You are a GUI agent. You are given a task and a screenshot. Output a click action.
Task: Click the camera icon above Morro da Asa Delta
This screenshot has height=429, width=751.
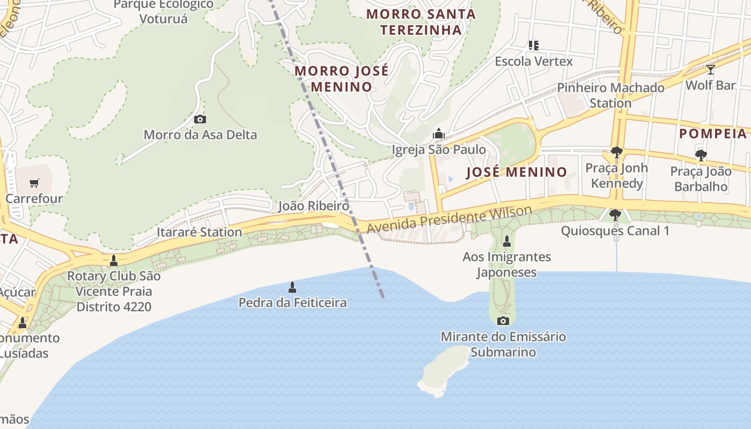pos(200,119)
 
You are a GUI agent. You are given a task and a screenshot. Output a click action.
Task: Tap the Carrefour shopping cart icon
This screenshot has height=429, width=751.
pos(34,183)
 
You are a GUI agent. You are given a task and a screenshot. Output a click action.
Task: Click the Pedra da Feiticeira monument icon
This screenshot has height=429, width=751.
pos(292,287)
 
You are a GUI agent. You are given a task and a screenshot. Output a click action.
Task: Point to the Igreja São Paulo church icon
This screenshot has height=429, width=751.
pos(439,133)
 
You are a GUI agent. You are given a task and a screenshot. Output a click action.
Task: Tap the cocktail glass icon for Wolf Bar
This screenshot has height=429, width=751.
pos(711,70)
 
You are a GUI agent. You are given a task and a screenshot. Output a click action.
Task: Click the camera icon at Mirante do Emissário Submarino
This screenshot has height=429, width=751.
pos(503,321)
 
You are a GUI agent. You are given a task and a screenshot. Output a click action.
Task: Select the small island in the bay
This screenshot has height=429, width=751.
pos(443,371)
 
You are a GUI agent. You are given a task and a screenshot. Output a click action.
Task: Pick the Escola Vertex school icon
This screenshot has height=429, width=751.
pos(533,46)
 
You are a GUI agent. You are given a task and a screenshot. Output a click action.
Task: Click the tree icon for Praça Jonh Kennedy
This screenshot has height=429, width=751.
pos(617,152)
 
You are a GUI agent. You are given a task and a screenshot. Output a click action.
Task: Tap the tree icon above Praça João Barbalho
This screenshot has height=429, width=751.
pos(701,156)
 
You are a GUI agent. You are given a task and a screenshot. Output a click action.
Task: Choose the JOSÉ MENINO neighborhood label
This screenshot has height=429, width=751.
pos(516,172)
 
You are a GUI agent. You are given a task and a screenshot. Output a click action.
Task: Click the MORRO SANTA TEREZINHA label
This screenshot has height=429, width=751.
pos(421,22)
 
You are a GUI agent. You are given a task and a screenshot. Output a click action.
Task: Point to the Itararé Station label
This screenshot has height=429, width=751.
pos(199,232)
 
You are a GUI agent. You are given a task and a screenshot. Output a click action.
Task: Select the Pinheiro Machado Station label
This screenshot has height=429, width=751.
pos(610,95)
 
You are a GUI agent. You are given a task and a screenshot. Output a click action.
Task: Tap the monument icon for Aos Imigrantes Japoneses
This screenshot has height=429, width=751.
pos(507,241)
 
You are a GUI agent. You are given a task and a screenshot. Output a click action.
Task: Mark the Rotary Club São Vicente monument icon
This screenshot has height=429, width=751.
pos(114,261)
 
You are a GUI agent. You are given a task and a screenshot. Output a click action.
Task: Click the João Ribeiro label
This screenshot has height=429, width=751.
pos(314,206)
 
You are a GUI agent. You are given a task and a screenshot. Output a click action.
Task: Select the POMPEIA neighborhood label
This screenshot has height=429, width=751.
pos(713,134)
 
